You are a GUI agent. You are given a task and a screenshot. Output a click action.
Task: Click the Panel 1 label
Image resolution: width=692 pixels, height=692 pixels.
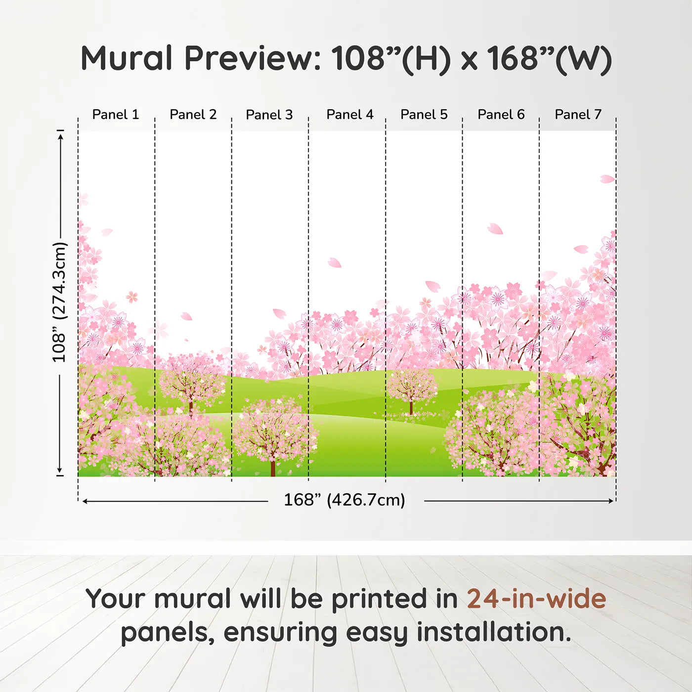click(116, 115)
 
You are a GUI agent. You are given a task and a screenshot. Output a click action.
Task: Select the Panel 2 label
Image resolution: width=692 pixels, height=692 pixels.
click(193, 115)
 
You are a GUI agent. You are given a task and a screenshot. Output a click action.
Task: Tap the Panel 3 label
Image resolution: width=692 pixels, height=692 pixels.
click(269, 115)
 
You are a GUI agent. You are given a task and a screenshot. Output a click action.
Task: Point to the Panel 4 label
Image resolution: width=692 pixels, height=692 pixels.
click(349, 115)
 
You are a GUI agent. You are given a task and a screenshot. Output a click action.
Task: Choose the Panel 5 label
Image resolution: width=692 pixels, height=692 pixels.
click(424, 115)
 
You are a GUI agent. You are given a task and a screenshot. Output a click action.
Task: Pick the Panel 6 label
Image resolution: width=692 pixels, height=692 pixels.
click(501, 115)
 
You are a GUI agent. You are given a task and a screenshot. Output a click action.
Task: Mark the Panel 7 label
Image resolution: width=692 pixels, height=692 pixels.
click(578, 115)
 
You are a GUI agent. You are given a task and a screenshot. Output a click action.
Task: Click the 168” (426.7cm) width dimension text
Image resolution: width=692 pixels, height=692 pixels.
click(344, 500)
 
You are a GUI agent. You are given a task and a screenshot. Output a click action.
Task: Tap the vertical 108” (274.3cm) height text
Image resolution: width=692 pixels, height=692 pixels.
click(59, 303)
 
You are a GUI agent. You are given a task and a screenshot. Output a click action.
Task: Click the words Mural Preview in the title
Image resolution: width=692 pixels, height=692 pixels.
click(200, 58)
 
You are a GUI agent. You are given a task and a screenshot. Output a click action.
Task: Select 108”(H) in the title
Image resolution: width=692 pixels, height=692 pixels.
click(390, 58)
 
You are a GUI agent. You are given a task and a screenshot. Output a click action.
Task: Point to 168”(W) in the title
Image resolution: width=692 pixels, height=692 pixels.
click(549, 58)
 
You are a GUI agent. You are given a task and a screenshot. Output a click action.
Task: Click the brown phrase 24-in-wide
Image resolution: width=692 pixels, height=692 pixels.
click(536, 599)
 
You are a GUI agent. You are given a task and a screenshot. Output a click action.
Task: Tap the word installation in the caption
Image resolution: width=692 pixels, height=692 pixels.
click(493, 633)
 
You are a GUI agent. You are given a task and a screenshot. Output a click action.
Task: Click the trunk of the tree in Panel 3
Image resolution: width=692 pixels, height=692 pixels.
click(272, 468)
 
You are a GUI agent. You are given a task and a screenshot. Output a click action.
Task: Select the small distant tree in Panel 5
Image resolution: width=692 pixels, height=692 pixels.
click(411, 390)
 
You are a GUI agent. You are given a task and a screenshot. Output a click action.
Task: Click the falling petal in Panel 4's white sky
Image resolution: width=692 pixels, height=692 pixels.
click(335, 263)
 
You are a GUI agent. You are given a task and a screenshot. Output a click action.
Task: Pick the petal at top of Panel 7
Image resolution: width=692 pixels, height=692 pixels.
click(607, 179)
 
